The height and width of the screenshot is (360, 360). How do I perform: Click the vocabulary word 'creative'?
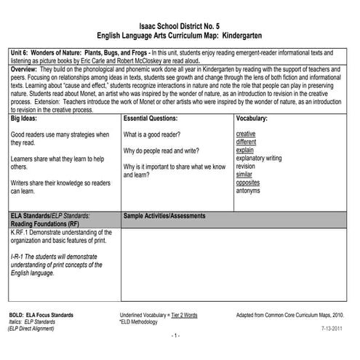pyautogui.click(x=246, y=134)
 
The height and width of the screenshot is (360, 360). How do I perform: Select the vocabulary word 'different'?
pyautogui.click(x=247, y=142)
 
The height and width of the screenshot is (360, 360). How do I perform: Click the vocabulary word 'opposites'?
pyautogui.click(x=248, y=183)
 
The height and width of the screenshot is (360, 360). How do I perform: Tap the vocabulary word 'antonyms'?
pyautogui.click(x=249, y=191)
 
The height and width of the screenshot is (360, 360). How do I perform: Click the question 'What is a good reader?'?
pyautogui.click(x=152, y=135)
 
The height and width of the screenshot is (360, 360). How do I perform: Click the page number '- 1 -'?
pyautogui.click(x=175, y=337)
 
